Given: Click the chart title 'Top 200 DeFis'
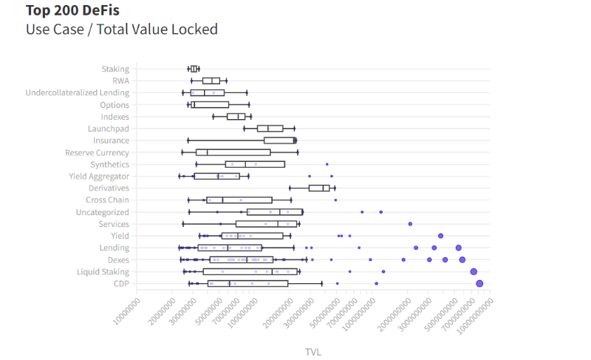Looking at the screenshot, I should pyautogui.click(x=72, y=11).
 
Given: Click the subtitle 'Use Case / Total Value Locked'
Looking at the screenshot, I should pyautogui.click(x=122, y=30).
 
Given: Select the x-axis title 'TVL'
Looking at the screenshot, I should pyautogui.click(x=313, y=352).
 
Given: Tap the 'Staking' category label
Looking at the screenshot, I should pyautogui.click(x=115, y=69).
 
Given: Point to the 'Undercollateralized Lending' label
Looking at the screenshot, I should pyautogui.click(x=78, y=92).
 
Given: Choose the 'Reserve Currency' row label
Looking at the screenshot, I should pyautogui.click(x=97, y=152).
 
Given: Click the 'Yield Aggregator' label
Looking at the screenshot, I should pyautogui.click(x=99, y=176).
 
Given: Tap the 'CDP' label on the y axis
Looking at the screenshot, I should pyautogui.click(x=121, y=283).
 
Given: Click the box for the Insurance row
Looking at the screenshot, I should pyautogui.click(x=279, y=140).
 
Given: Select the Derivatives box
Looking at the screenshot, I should pyautogui.click(x=319, y=188).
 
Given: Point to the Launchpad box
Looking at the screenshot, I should pyautogui.click(x=270, y=129).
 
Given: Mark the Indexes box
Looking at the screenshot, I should pyautogui.click(x=236, y=117).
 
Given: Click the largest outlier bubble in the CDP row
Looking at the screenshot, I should pyautogui.click(x=479, y=283).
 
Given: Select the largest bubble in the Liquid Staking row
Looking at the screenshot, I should pyautogui.click(x=474, y=271).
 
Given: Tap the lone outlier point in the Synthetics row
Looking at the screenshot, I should pyautogui.click(x=327, y=164).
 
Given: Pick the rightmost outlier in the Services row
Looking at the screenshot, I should pyautogui.click(x=410, y=223).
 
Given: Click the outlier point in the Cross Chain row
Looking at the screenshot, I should pyautogui.click(x=335, y=200).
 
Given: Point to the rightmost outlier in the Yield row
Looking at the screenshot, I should pyautogui.click(x=440, y=235).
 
